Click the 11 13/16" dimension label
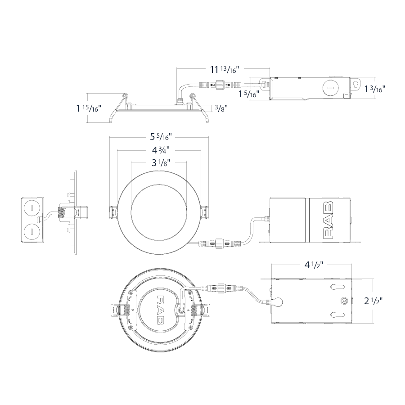(x=224, y=69)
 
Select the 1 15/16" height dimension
(x=88, y=108)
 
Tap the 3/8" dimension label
(x=221, y=108)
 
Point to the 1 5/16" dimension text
(x=249, y=94)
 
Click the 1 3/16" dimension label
(x=375, y=89)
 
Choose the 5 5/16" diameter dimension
(x=161, y=137)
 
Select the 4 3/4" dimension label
(x=160, y=150)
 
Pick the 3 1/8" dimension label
(x=161, y=163)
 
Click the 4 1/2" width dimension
(x=314, y=265)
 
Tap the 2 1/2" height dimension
(x=373, y=301)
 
